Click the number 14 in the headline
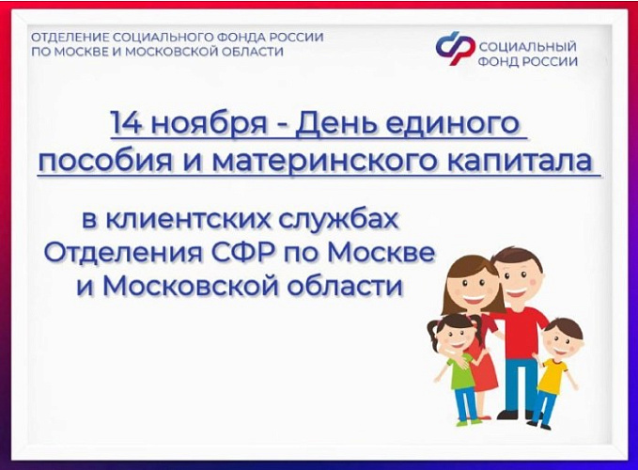coord(125,122)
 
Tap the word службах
coord(335,222)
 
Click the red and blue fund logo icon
coord(455,47)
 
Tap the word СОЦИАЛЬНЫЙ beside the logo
coord(528,46)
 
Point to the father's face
coord(515,277)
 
